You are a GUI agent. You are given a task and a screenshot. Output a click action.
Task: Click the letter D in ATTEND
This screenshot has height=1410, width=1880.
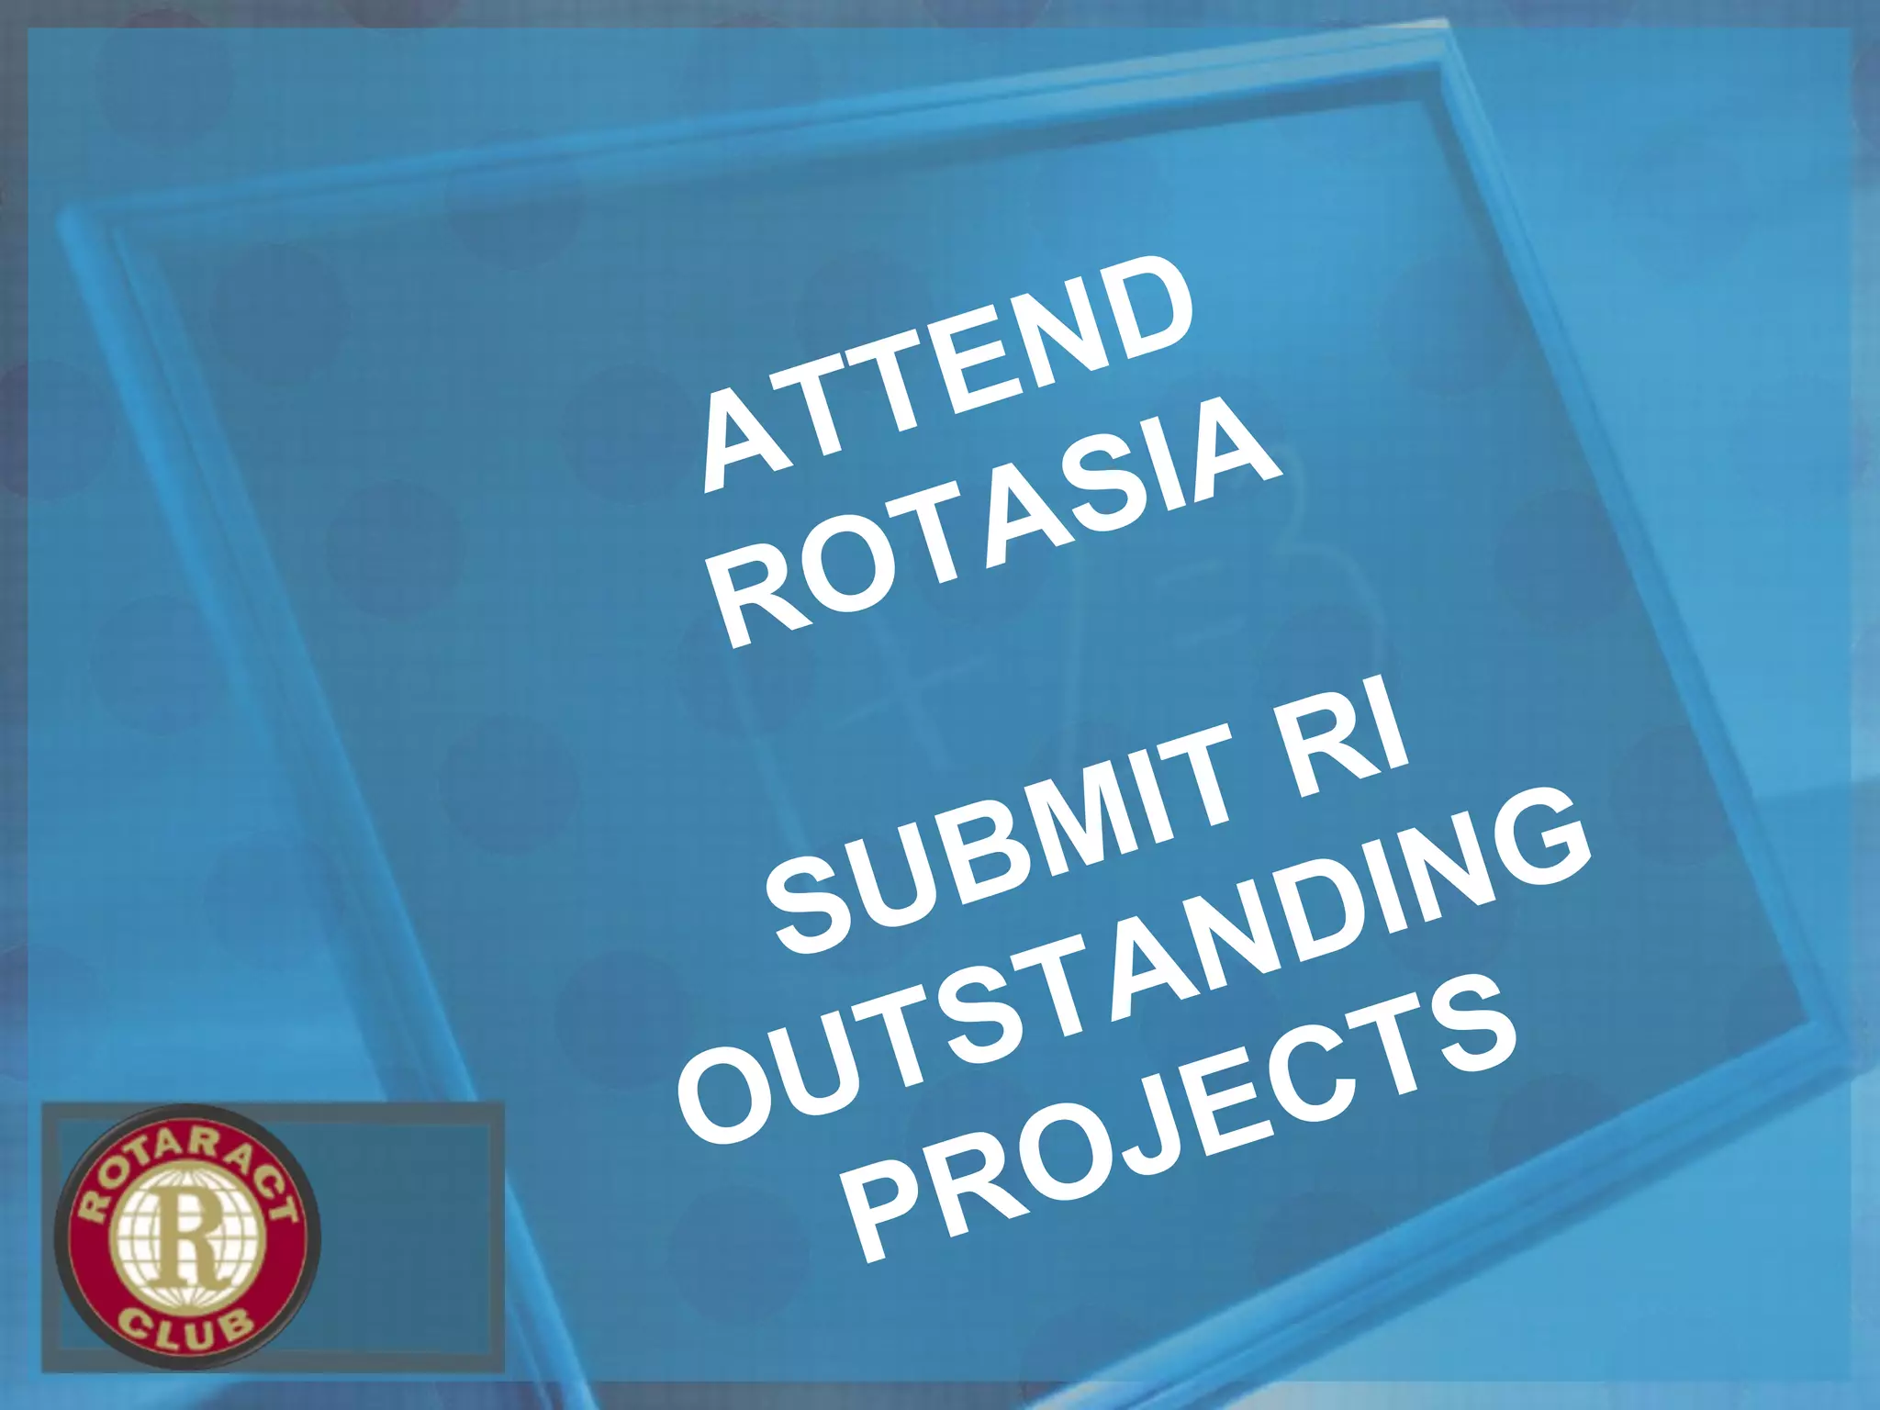tap(1143, 308)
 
